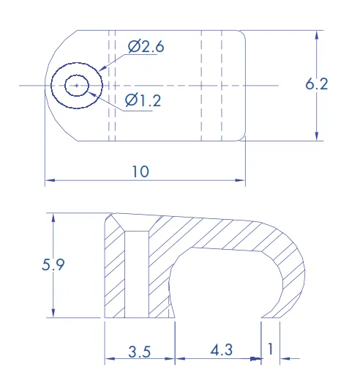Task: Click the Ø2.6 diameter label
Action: pos(146,46)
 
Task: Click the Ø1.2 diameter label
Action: pos(143,100)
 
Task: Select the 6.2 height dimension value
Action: pos(317,84)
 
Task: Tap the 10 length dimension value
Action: pos(140,171)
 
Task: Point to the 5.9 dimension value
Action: pos(53,264)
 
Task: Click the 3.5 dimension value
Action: pos(140,352)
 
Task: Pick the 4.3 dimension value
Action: pos(222,350)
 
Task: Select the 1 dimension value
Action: pos(270,349)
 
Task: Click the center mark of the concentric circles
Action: pos(77,86)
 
